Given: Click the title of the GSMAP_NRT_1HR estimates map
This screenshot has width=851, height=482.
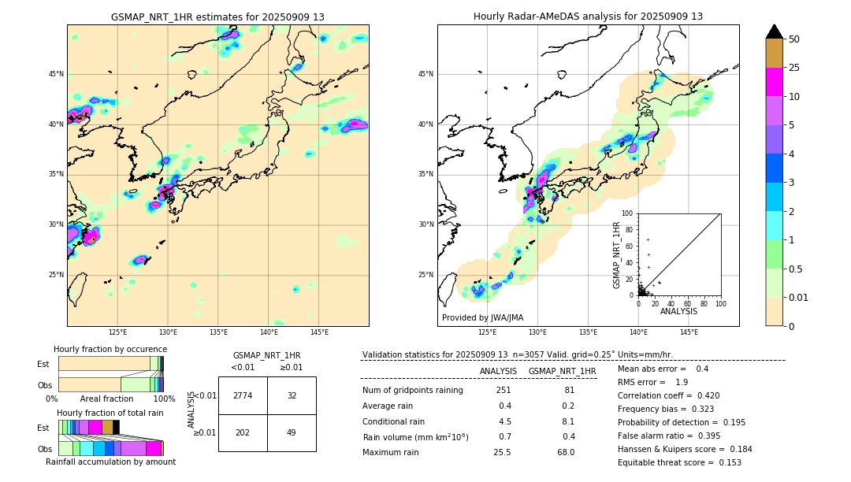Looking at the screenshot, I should pyautogui.click(x=217, y=17).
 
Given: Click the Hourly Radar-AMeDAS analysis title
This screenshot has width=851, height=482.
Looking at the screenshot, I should pyautogui.click(x=588, y=17).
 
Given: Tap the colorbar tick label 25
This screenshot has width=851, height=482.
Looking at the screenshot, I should pyautogui.click(x=794, y=68).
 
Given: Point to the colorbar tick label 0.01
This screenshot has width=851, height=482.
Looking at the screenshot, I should pyautogui.click(x=799, y=297).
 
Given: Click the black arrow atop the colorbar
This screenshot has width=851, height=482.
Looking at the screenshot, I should pyautogui.click(x=775, y=32).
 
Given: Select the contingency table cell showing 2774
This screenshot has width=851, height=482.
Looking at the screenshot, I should pyautogui.click(x=243, y=395).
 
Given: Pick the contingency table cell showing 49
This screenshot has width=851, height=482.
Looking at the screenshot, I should pyautogui.click(x=292, y=432).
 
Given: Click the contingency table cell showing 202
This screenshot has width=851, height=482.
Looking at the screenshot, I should pyautogui.click(x=243, y=432).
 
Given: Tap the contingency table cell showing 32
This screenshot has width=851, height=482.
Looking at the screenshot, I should pyautogui.click(x=292, y=395).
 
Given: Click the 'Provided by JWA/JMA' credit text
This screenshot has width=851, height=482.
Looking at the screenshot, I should pyautogui.click(x=482, y=318).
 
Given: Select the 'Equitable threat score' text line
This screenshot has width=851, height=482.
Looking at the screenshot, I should pyautogui.click(x=679, y=462).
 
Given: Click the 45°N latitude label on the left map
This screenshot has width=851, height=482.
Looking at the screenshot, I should pyautogui.click(x=56, y=74).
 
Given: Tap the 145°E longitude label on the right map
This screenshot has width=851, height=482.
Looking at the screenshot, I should pyautogui.click(x=689, y=332).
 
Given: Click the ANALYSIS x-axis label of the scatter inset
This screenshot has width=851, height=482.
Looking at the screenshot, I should pyautogui.click(x=678, y=312).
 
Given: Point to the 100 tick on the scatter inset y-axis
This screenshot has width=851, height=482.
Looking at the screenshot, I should pyautogui.click(x=628, y=213).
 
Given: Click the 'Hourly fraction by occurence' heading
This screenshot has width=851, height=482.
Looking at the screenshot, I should pyautogui.click(x=110, y=349).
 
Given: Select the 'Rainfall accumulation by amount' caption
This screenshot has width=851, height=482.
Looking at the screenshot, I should pyautogui.click(x=110, y=462).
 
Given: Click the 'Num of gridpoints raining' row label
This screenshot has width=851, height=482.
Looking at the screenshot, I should pyautogui.click(x=412, y=391).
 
